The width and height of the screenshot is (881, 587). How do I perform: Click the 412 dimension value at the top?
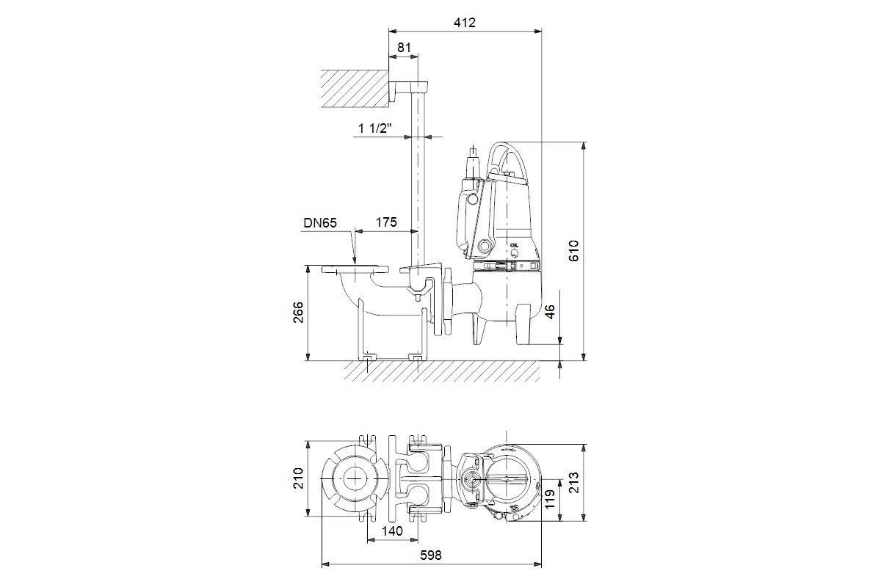click(x=465, y=23)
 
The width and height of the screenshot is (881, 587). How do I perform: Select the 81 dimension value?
click(x=404, y=48)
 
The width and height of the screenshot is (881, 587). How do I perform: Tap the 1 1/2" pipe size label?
click(x=375, y=128)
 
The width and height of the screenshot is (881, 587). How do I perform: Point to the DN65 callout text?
click(x=320, y=223)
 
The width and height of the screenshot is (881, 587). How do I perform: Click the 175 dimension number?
click(x=386, y=222)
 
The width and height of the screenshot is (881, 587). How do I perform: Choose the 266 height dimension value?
click(x=298, y=312)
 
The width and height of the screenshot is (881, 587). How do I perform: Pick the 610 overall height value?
click(x=574, y=250)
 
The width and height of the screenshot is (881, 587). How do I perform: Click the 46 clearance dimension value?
click(x=550, y=312)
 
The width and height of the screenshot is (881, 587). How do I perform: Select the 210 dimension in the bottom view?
click(x=298, y=478)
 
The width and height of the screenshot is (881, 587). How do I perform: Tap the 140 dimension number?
click(x=392, y=531)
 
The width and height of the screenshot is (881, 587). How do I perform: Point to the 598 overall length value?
click(x=431, y=555)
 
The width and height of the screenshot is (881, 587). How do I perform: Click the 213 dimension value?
click(x=574, y=482)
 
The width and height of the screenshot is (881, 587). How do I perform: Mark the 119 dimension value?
click(x=550, y=500)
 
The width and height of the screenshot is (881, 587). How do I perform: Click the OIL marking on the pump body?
click(x=514, y=245)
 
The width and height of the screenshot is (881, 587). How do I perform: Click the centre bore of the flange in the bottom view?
click(x=355, y=478)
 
